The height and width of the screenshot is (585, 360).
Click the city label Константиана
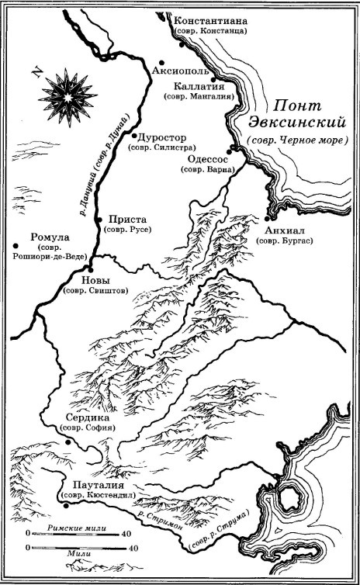coord(209,19)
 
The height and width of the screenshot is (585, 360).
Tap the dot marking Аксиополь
coord(161,62)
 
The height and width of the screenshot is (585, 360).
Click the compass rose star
coord(67,96)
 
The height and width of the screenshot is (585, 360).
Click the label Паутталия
coord(89,483)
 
